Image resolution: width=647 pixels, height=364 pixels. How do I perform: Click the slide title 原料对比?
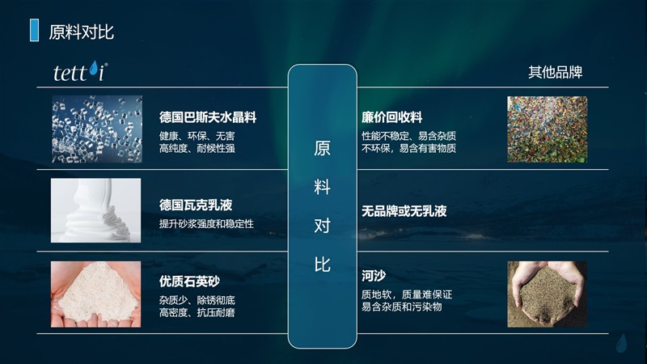click(x=82, y=32)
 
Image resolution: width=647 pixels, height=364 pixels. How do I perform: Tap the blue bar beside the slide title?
click(x=34, y=30)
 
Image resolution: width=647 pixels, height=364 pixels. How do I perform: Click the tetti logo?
click(x=80, y=72)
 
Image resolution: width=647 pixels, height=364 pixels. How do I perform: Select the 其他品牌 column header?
click(x=555, y=72)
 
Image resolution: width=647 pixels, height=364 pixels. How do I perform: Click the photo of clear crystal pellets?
click(x=97, y=129)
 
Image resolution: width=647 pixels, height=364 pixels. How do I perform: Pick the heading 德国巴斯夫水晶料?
click(x=208, y=117)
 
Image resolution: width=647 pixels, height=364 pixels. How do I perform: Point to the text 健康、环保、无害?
click(x=197, y=136)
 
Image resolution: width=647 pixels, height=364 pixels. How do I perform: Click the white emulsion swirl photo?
click(x=95, y=210)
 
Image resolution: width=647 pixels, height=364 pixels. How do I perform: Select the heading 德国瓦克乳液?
click(x=196, y=205)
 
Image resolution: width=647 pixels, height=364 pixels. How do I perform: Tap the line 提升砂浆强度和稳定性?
click(x=206, y=224)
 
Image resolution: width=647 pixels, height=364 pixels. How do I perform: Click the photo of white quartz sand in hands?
click(x=95, y=294)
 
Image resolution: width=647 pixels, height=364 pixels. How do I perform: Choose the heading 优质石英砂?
click(x=189, y=281)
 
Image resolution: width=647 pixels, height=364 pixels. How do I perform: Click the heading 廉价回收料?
click(x=391, y=117)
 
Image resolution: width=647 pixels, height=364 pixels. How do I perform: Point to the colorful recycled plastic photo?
click(x=548, y=129)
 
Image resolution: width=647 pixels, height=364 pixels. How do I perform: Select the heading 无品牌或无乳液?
click(x=404, y=211)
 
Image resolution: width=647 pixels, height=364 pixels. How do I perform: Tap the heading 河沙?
click(x=374, y=276)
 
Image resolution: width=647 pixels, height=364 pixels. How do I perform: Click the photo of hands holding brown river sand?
click(x=548, y=294)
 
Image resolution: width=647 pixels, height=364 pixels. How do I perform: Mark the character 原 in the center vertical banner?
click(x=322, y=148)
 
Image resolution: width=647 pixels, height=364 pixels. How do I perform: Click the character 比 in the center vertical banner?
click(x=322, y=265)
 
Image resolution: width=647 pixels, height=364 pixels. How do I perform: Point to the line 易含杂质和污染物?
click(x=401, y=307)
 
